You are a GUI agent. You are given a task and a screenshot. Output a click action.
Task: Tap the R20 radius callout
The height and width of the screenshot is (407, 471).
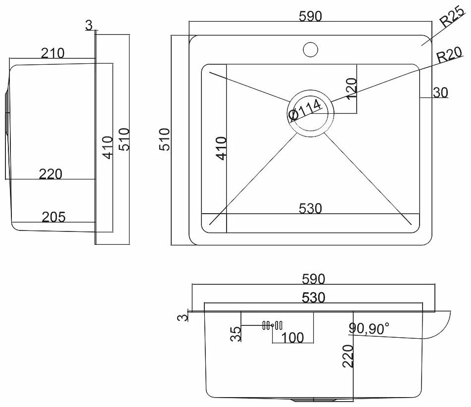[449, 56]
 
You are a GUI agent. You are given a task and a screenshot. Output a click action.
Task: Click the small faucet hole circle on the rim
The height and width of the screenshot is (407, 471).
[310, 49]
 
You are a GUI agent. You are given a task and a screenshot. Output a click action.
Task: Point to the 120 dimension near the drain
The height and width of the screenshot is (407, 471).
[351, 90]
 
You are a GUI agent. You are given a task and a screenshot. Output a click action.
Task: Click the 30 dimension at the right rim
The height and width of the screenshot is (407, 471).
[441, 92]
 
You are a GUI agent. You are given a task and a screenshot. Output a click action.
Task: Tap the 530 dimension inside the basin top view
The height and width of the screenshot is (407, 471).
[311, 209]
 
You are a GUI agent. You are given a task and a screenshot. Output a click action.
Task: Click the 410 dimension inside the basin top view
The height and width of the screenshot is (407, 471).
[222, 148]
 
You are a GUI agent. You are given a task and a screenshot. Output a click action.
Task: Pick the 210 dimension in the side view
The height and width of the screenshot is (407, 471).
[52, 53]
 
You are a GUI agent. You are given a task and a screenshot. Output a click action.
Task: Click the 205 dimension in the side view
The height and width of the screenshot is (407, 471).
[54, 217]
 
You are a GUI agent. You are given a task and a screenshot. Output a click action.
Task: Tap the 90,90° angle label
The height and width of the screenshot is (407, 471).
[369, 327]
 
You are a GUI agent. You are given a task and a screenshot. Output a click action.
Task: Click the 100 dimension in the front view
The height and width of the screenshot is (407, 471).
[292, 337]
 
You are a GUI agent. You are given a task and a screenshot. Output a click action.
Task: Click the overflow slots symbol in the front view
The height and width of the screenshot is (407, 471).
[272, 325]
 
